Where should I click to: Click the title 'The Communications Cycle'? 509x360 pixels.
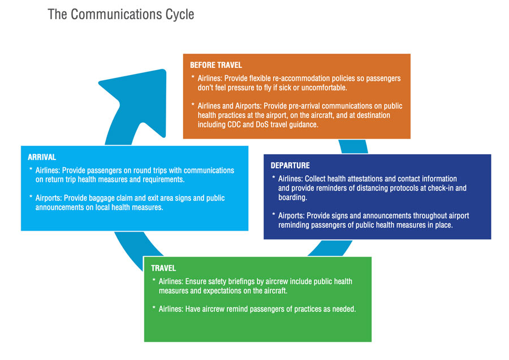tap(120, 14)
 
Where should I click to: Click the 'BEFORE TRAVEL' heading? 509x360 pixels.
tap(216, 66)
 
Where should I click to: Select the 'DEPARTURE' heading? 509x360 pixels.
tap(290, 166)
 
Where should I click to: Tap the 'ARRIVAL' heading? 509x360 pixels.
tap(42, 157)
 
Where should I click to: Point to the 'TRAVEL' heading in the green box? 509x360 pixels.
tap(163, 268)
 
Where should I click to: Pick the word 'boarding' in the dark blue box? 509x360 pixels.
tap(292, 197)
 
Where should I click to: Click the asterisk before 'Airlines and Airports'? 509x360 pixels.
tap(193, 106)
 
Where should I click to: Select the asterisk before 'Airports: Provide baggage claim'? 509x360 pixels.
tap(31, 198)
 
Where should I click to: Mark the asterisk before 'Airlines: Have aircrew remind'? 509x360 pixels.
tap(154, 309)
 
